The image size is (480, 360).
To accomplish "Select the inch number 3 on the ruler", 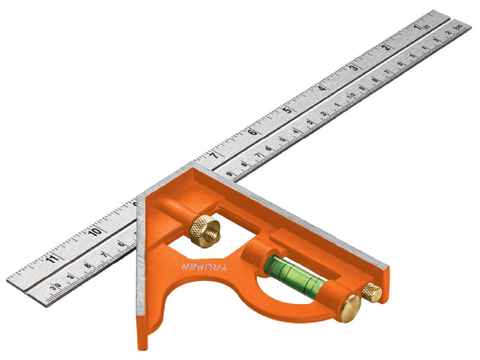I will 355,67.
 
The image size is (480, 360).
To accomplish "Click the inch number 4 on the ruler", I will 322,88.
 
